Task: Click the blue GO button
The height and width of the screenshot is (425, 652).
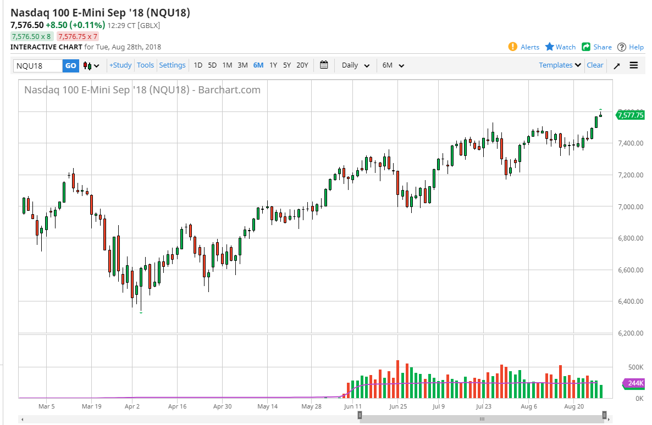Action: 71,65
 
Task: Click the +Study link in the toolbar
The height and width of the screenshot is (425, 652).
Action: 120,65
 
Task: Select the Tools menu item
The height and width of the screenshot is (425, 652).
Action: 146,65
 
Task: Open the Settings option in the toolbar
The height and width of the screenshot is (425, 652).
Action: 173,65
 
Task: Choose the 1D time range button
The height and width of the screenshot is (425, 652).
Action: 198,65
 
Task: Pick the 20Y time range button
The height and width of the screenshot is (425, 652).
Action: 302,65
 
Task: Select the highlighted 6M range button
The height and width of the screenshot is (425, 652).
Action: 258,65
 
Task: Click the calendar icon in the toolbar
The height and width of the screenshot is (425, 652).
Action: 324,65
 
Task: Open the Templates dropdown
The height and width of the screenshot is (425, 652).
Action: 560,65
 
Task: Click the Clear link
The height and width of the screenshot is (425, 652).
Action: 595,65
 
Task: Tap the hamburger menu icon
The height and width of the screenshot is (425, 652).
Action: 634,65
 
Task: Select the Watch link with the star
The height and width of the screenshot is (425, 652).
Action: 560,47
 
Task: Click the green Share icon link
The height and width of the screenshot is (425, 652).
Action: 596,47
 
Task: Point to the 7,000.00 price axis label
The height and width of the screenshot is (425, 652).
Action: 629,206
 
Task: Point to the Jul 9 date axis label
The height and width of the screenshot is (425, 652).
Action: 439,407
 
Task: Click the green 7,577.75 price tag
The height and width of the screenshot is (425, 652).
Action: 630,115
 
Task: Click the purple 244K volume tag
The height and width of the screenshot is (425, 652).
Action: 634,383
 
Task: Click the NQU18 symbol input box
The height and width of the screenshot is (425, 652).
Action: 38,65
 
